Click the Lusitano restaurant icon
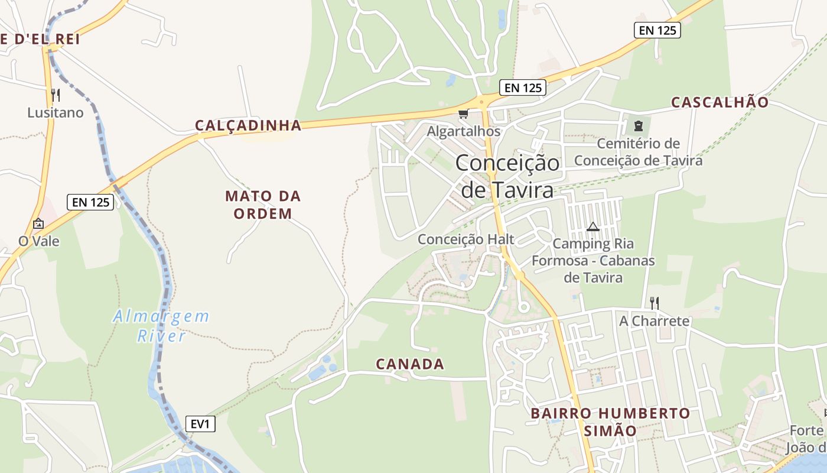(x=55, y=95)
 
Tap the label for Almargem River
(x=161, y=326)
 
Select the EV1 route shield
(x=200, y=424)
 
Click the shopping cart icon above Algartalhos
(x=464, y=114)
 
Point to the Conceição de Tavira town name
(x=507, y=176)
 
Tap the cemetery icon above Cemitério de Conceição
(x=638, y=125)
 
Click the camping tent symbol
(x=593, y=226)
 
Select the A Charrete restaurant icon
(x=654, y=303)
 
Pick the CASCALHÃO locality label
(x=720, y=102)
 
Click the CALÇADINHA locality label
(x=248, y=125)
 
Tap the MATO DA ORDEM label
(x=263, y=205)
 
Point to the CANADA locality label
(x=410, y=364)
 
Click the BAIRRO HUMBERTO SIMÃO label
(x=610, y=422)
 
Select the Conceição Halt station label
(x=466, y=239)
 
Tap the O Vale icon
(x=38, y=223)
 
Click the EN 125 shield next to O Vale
(x=90, y=202)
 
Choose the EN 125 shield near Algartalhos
(x=523, y=88)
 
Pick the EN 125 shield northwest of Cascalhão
(x=657, y=30)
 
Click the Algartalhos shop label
(x=464, y=131)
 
